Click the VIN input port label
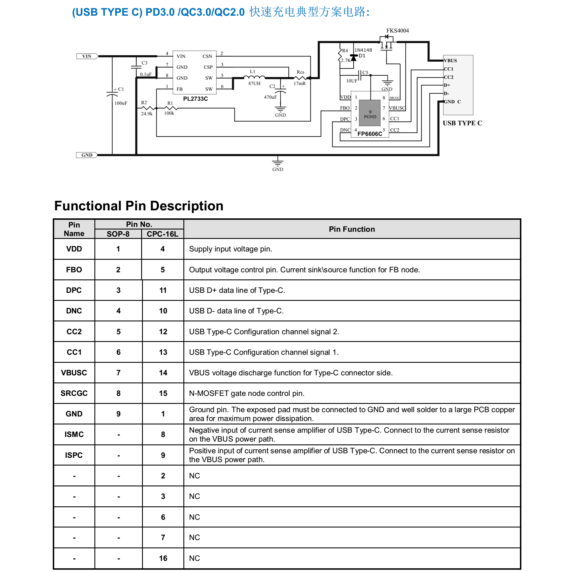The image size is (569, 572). [87, 56]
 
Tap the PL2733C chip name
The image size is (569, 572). [195, 98]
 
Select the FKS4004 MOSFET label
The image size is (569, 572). [397, 31]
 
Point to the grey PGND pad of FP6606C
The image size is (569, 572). [370, 113]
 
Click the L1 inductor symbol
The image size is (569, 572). [254, 77]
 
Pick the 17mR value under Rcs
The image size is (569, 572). [299, 84]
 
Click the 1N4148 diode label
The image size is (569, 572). [363, 50]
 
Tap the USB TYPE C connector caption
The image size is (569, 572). [462, 123]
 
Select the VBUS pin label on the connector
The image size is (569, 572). [450, 61]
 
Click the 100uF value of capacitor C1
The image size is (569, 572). [121, 103]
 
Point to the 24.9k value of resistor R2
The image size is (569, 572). [147, 114]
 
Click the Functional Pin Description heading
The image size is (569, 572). [139, 206]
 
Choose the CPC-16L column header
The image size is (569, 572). [163, 234]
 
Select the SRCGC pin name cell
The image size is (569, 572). [74, 393]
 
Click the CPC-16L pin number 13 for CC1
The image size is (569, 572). [163, 352]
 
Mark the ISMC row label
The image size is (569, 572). [74, 434]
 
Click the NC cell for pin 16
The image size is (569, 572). [195, 558]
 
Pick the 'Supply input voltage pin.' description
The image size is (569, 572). [230, 249]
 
